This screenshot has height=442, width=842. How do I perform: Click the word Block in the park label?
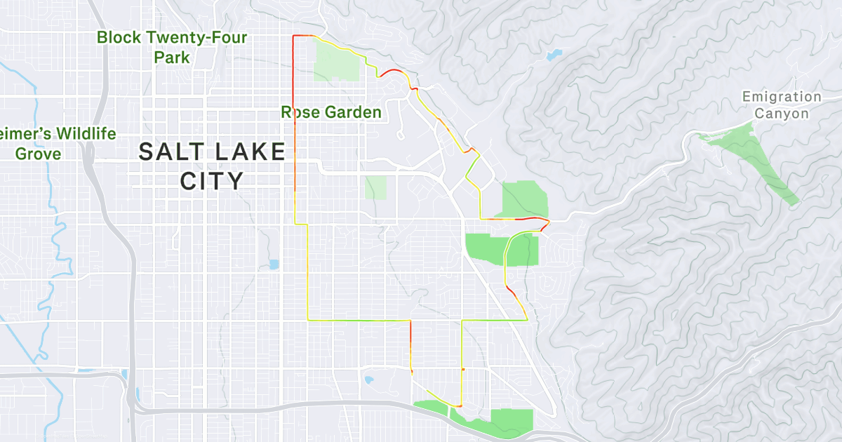(x=119, y=38)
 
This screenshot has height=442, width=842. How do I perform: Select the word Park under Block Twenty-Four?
(x=173, y=58)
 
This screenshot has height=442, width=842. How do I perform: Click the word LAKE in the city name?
(x=250, y=152)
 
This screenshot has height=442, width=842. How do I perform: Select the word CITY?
(x=212, y=181)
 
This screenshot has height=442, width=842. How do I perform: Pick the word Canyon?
(x=782, y=114)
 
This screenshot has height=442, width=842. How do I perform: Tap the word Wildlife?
(x=77, y=134)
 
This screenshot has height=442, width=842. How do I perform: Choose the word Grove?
(x=39, y=154)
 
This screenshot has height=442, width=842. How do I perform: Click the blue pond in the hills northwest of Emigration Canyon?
(x=554, y=54)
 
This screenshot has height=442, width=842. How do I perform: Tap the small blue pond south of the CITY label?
(x=274, y=264)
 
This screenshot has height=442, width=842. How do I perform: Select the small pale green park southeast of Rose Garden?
(x=375, y=187)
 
